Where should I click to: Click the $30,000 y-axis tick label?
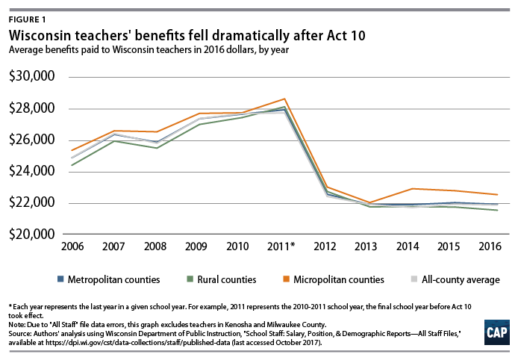point(34,77)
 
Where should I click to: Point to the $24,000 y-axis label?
point(34,171)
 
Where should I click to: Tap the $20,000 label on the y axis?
point(34,234)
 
